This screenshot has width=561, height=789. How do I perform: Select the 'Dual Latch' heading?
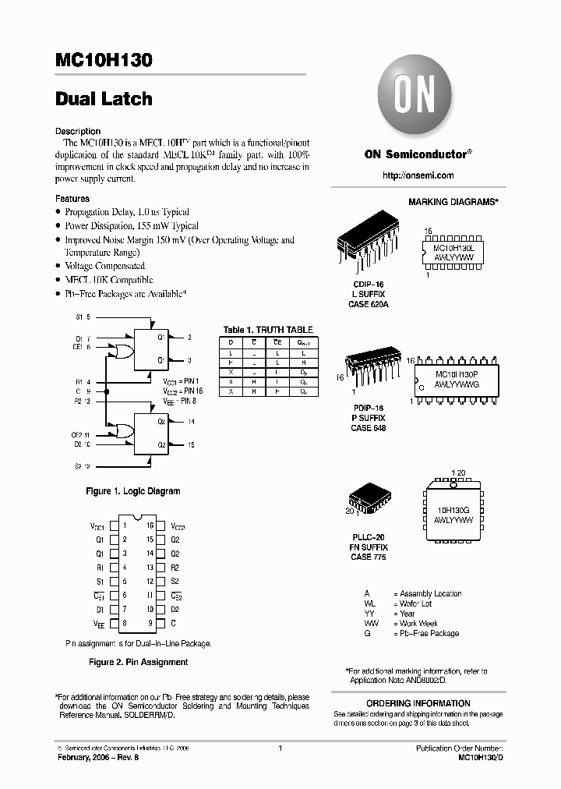[x=104, y=99]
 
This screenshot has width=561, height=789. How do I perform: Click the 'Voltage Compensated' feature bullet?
[x=104, y=266]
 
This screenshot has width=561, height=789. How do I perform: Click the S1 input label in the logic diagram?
[x=79, y=318]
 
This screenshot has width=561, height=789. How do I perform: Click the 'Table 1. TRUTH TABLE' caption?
[x=268, y=330]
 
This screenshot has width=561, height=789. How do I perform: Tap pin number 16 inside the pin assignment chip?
[x=150, y=525]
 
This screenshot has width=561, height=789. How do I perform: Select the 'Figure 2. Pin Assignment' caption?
[x=138, y=662]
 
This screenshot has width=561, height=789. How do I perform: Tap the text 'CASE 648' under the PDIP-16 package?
[x=368, y=428]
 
